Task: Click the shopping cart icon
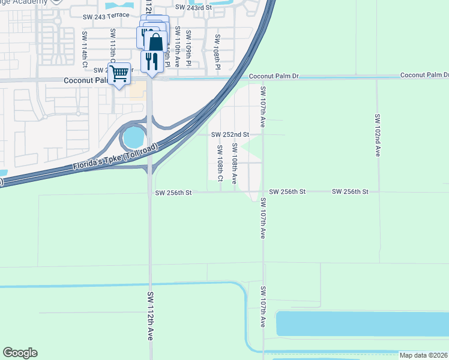click(x=119, y=74)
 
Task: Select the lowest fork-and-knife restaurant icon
click(x=151, y=61)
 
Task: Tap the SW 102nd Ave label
click(x=378, y=135)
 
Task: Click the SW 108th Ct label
click(x=220, y=164)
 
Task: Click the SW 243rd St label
click(x=193, y=7)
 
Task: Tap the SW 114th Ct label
click(x=85, y=49)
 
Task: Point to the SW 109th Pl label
click(x=188, y=48)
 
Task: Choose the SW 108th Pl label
click(x=217, y=50)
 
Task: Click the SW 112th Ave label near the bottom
click(x=150, y=316)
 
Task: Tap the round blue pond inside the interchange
click(x=133, y=138)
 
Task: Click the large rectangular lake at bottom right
click(x=362, y=323)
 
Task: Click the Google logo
click(x=20, y=353)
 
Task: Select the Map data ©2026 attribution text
click(x=423, y=355)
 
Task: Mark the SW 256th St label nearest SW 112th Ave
click(x=173, y=193)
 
